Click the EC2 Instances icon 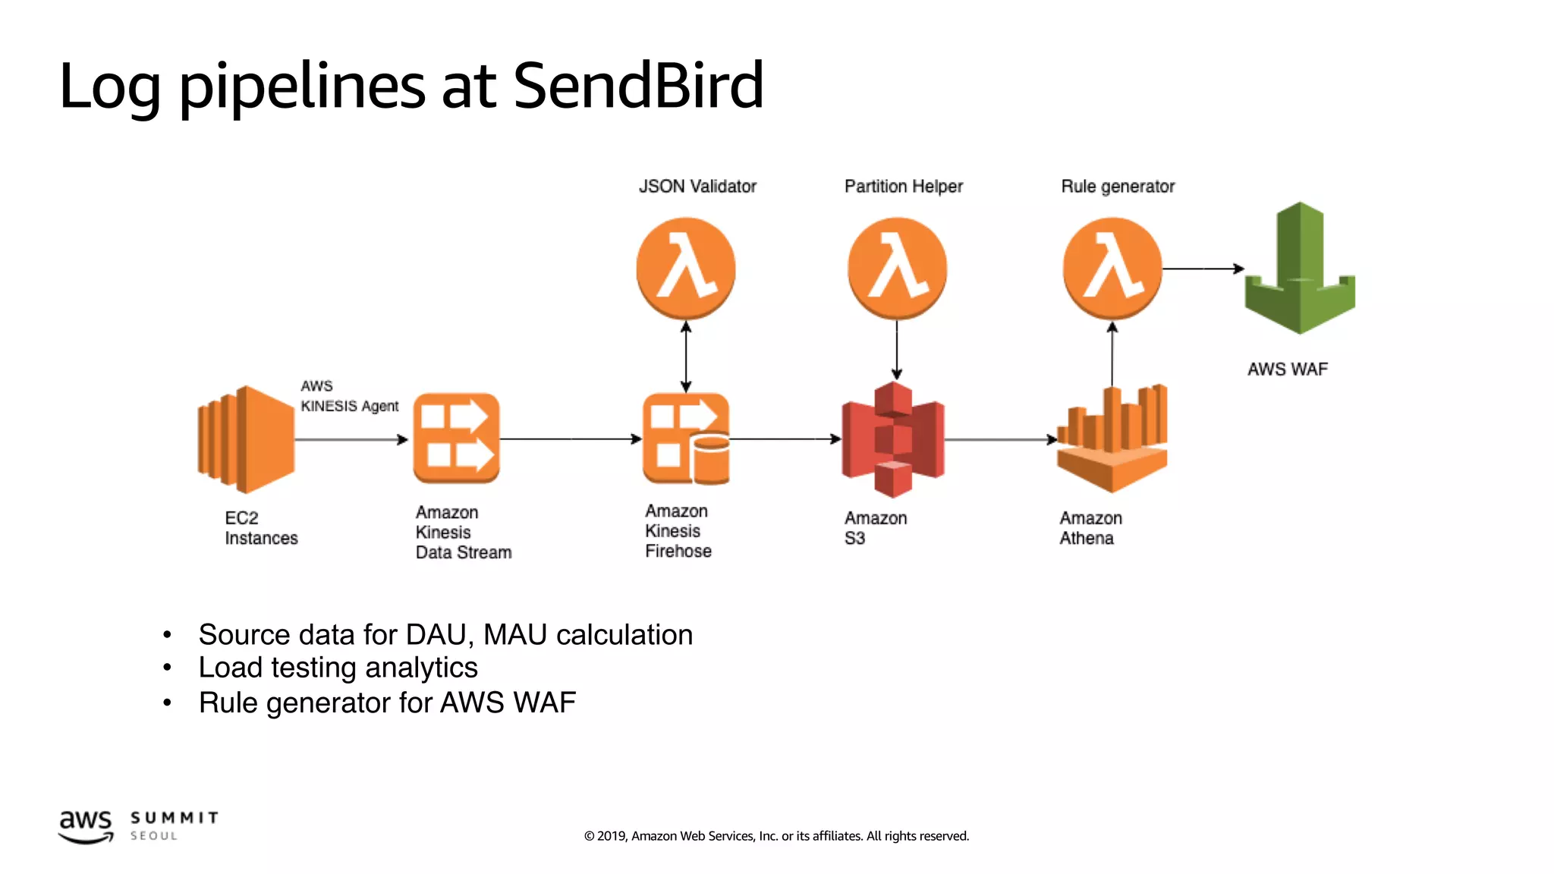(x=246, y=439)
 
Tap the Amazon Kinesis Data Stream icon (x=456, y=439)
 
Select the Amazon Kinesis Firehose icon (x=685, y=439)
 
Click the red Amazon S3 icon (x=893, y=439)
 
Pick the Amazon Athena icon (x=1112, y=439)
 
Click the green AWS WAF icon (x=1300, y=269)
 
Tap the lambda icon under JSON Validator (x=685, y=268)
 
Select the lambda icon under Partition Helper (x=897, y=268)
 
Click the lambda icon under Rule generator (x=1112, y=268)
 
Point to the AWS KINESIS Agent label (x=348, y=396)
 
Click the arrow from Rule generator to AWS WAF (x=1203, y=269)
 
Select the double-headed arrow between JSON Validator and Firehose (x=685, y=357)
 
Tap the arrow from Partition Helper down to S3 (x=897, y=349)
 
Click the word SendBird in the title (x=638, y=85)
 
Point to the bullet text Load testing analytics (x=338, y=668)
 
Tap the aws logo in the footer (x=86, y=825)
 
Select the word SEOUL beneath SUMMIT (x=153, y=836)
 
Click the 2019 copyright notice (x=776, y=836)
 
